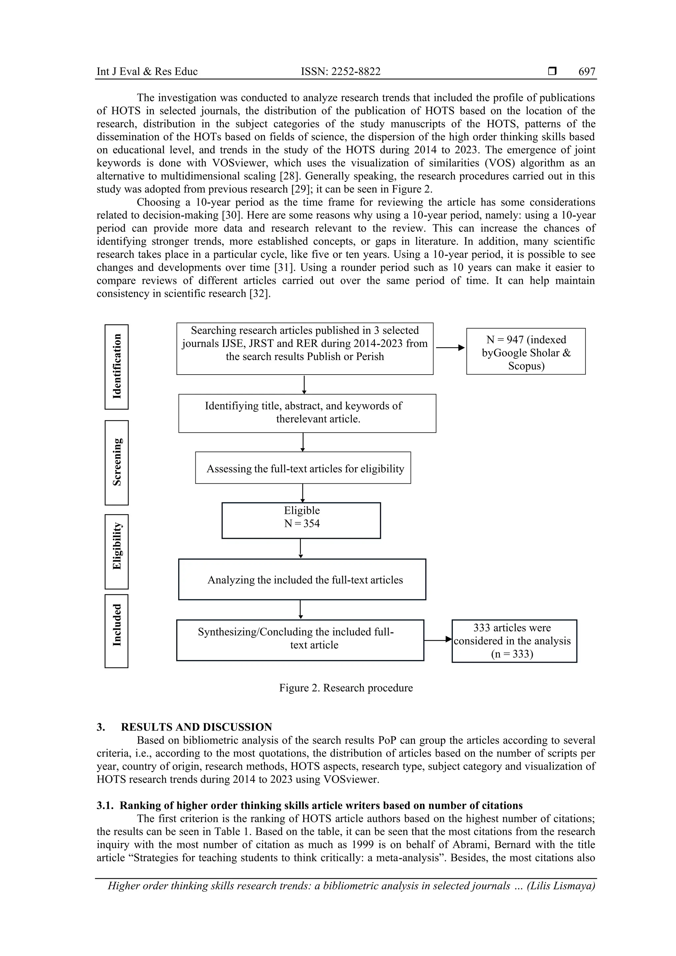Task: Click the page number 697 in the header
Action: pyautogui.click(x=587, y=72)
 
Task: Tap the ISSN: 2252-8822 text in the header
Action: pyautogui.click(x=341, y=72)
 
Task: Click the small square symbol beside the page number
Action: pyautogui.click(x=552, y=72)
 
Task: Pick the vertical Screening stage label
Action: pyautogui.click(x=117, y=462)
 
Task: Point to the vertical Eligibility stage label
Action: pyautogui.click(x=117, y=551)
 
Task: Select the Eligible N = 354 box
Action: pyautogui.click(x=301, y=520)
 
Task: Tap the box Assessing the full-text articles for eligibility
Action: pyautogui.click(x=303, y=468)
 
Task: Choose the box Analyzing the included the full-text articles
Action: pyautogui.click(x=302, y=579)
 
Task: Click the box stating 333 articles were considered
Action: pyautogui.click(x=514, y=641)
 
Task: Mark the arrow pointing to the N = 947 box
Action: pyautogui.click(x=450, y=348)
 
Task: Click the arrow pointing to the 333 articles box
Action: pyautogui.click(x=438, y=639)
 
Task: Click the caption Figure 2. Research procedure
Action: pyautogui.click(x=346, y=687)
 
